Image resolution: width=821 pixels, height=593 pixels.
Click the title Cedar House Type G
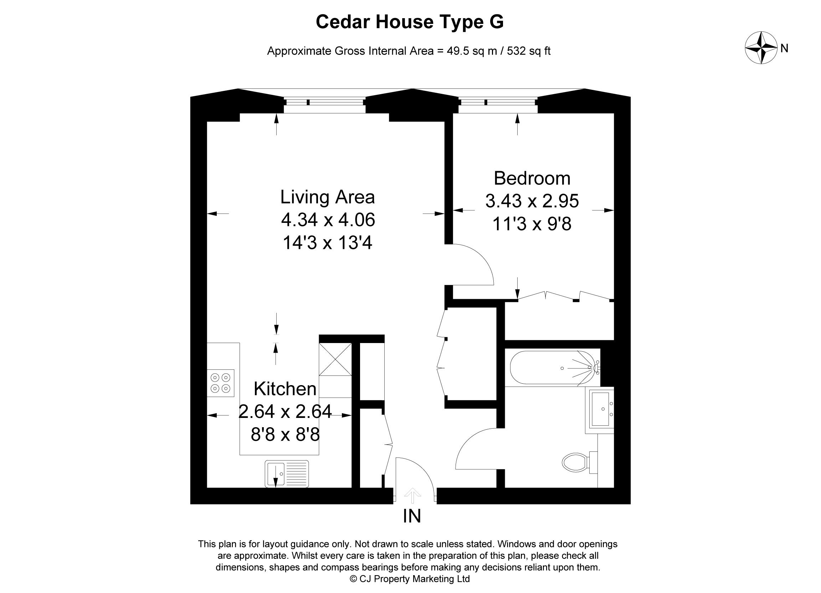click(x=410, y=22)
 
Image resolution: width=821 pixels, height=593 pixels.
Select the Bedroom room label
click(x=532, y=178)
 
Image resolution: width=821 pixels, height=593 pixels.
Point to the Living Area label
click(x=327, y=197)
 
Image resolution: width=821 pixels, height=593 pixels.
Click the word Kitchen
click(x=285, y=389)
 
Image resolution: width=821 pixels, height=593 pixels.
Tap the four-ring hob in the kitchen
click(x=221, y=383)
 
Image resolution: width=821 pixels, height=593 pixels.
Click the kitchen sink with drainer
click(x=287, y=474)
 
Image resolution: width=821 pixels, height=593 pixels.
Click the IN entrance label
click(x=412, y=516)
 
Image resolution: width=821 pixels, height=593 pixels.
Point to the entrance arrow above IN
click(x=412, y=495)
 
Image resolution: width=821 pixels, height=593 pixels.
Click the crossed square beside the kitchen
click(x=335, y=359)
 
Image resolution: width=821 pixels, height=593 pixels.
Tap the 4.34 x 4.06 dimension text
click(x=328, y=220)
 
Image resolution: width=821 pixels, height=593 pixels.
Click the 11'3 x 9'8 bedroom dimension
click(x=532, y=224)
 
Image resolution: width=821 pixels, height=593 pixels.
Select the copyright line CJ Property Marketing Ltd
click(x=410, y=579)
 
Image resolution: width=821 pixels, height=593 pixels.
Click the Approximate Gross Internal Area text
click(x=409, y=51)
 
